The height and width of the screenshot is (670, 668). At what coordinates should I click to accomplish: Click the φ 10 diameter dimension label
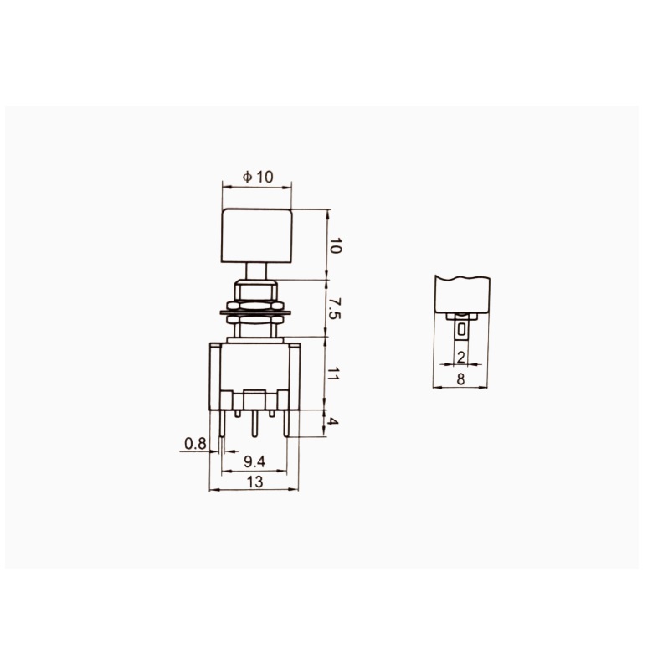tap(258, 178)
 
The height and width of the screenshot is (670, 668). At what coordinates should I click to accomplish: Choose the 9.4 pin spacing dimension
tap(254, 461)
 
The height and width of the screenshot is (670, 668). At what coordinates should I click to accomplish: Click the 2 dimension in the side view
tap(461, 358)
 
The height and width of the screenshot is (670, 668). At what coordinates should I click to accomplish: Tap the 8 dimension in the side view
tap(460, 379)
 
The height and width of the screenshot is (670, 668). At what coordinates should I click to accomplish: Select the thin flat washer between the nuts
tap(254, 312)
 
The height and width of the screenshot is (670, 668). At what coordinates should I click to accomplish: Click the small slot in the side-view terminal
tap(461, 329)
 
